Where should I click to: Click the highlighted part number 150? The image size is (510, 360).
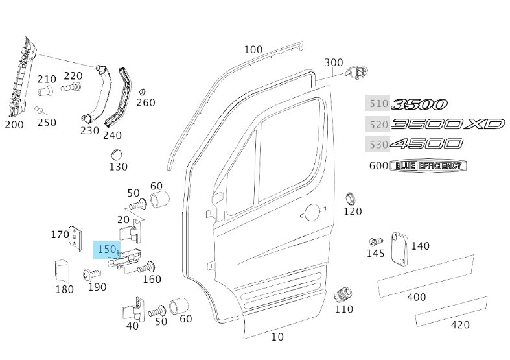pyautogui.click(x=106, y=249)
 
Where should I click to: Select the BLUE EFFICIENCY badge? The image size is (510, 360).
pyautogui.click(x=428, y=166)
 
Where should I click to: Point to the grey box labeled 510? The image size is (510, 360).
pyautogui.click(x=378, y=103)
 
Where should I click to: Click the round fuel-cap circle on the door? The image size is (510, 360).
pyautogui.click(x=312, y=212)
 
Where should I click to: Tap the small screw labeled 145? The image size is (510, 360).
pyautogui.click(x=373, y=242)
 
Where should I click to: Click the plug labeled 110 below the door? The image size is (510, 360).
pyautogui.click(x=343, y=295)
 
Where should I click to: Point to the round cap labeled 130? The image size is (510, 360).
pyautogui.click(x=117, y=155)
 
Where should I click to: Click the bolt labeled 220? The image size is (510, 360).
pyautogui.click(x=71, y=85)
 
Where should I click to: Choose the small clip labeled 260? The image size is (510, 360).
pyautogui.click(x=143, y=91)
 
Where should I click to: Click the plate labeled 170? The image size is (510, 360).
pyautogui.click(x=77, y=238)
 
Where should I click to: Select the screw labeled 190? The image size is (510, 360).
pyautogui.click(x=89, y=274)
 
